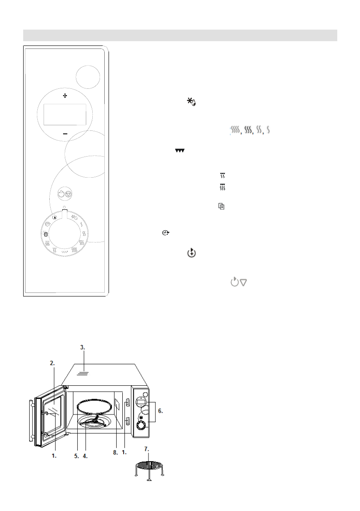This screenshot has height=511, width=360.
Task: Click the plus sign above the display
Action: click(x=65, y=94)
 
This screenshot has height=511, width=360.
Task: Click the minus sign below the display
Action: click(x=65, y=134)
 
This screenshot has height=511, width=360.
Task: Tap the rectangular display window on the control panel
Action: click(x=65, y=114)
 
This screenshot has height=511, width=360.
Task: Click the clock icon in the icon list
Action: click(x=165, y=233)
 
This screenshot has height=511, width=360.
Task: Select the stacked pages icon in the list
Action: click(x=221, y=207)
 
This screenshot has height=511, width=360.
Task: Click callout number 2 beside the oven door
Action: click(x=52, y=363)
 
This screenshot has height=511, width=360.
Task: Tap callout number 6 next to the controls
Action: click(x=160, y=411)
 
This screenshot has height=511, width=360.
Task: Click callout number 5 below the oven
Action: click(x=77, y=456)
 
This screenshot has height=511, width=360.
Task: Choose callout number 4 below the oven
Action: click(x=85, y=456)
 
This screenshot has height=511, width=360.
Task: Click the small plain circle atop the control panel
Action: click(x=88, y=77)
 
